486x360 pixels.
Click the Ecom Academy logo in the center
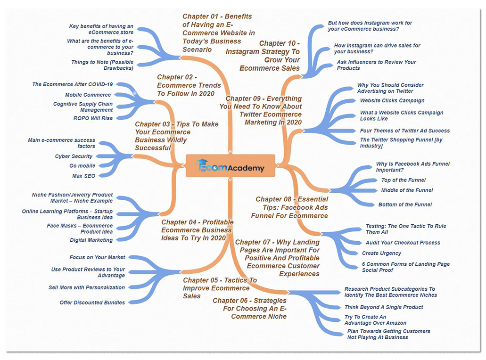point(230,165)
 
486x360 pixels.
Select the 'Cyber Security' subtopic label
point(74,156)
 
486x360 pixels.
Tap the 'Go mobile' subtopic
point(82,166)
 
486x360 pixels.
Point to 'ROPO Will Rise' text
point(93,118)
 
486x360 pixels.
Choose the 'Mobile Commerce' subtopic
point(88,95)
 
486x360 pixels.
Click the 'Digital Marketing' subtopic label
point(91,240)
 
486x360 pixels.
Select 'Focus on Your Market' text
point(97,257)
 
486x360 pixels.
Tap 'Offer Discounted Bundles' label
point(92,303)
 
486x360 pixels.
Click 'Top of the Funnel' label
point(403,180)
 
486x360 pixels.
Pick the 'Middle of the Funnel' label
point(407,190)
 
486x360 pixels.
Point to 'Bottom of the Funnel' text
point(405,205)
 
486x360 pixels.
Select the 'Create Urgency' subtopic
point(382,253)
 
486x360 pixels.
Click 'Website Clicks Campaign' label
point(392,100)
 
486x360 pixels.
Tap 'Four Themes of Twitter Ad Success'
point(404,131)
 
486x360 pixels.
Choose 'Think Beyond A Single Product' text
point(383,307)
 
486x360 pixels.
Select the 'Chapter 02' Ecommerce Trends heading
point(189,85)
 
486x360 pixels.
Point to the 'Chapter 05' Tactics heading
point(220,288)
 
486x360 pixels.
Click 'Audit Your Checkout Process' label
point(403,243)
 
